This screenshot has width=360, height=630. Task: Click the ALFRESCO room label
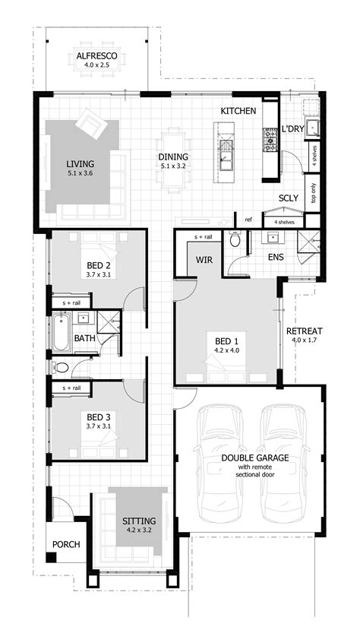(96, 55)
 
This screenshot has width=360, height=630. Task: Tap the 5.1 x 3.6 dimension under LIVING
(81, 173)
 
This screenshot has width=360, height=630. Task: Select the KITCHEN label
(238, 111)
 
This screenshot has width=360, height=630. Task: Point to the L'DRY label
(292, 129)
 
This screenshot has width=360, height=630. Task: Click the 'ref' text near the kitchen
(248, 220)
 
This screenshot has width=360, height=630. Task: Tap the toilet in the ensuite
(235, 239)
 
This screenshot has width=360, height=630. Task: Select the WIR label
(204, 260)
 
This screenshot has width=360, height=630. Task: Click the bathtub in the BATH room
(61, 332)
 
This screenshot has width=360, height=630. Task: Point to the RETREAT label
(305, 331)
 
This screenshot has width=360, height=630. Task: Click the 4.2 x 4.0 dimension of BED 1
(227, 350)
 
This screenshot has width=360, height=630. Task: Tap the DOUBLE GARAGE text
(255, 457)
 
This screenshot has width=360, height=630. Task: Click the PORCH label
(66, 544)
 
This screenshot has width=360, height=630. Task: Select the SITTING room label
(139, 521)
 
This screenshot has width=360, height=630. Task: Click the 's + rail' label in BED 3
(71, 388)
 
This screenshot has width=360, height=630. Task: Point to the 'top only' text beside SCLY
(313, 193)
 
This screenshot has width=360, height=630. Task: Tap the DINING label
(173, 157)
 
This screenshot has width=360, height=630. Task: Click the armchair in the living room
(91, 124)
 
